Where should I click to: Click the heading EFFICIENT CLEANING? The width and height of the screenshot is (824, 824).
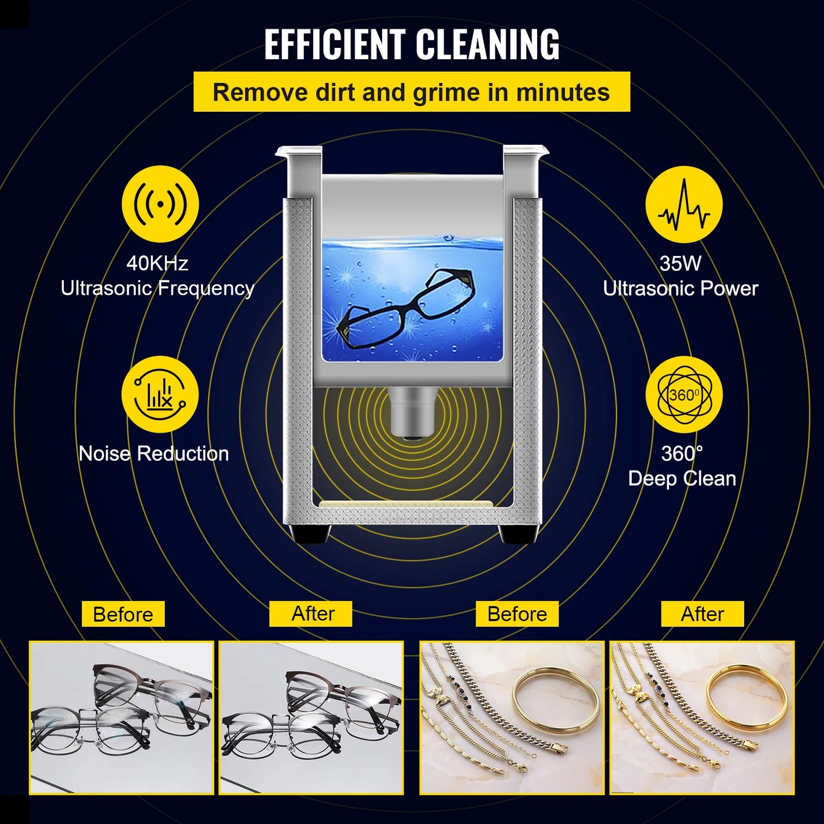pyautogui.click(x=412, y=44)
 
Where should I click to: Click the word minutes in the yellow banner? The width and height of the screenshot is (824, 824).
pyautogui.click(x=562, y=92)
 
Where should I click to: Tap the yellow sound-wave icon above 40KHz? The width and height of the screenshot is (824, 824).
pyautogui.click(x=160, y=204)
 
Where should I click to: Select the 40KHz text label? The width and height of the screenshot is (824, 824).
pyautogui.click(x=157, y=263)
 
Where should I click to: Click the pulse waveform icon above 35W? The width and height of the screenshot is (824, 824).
pyautogui.click(x=684, y=204)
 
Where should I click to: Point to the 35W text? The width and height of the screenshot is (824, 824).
pyautogui.click(x=680, y=263)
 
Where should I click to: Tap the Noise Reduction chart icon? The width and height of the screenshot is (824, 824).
pyautogui.click(x=160, y=395)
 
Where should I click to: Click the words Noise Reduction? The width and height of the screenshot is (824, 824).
pyautogui.click(x=154, y=453)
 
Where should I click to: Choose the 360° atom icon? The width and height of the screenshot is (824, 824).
pyautogui.click(x=684, y=395)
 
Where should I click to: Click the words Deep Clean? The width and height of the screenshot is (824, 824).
pyautogui.click(x=682, y=478)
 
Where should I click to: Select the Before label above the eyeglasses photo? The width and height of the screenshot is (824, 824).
pyautogui.click(x=123, y=614)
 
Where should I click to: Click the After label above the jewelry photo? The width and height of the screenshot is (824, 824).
pyautogui.click(x=703, y=614)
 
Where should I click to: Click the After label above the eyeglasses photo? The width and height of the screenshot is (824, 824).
pyautogui.click(x=313, y=614)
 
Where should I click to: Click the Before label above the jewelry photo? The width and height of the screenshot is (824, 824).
pyautogui.click(x=517, y=614)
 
